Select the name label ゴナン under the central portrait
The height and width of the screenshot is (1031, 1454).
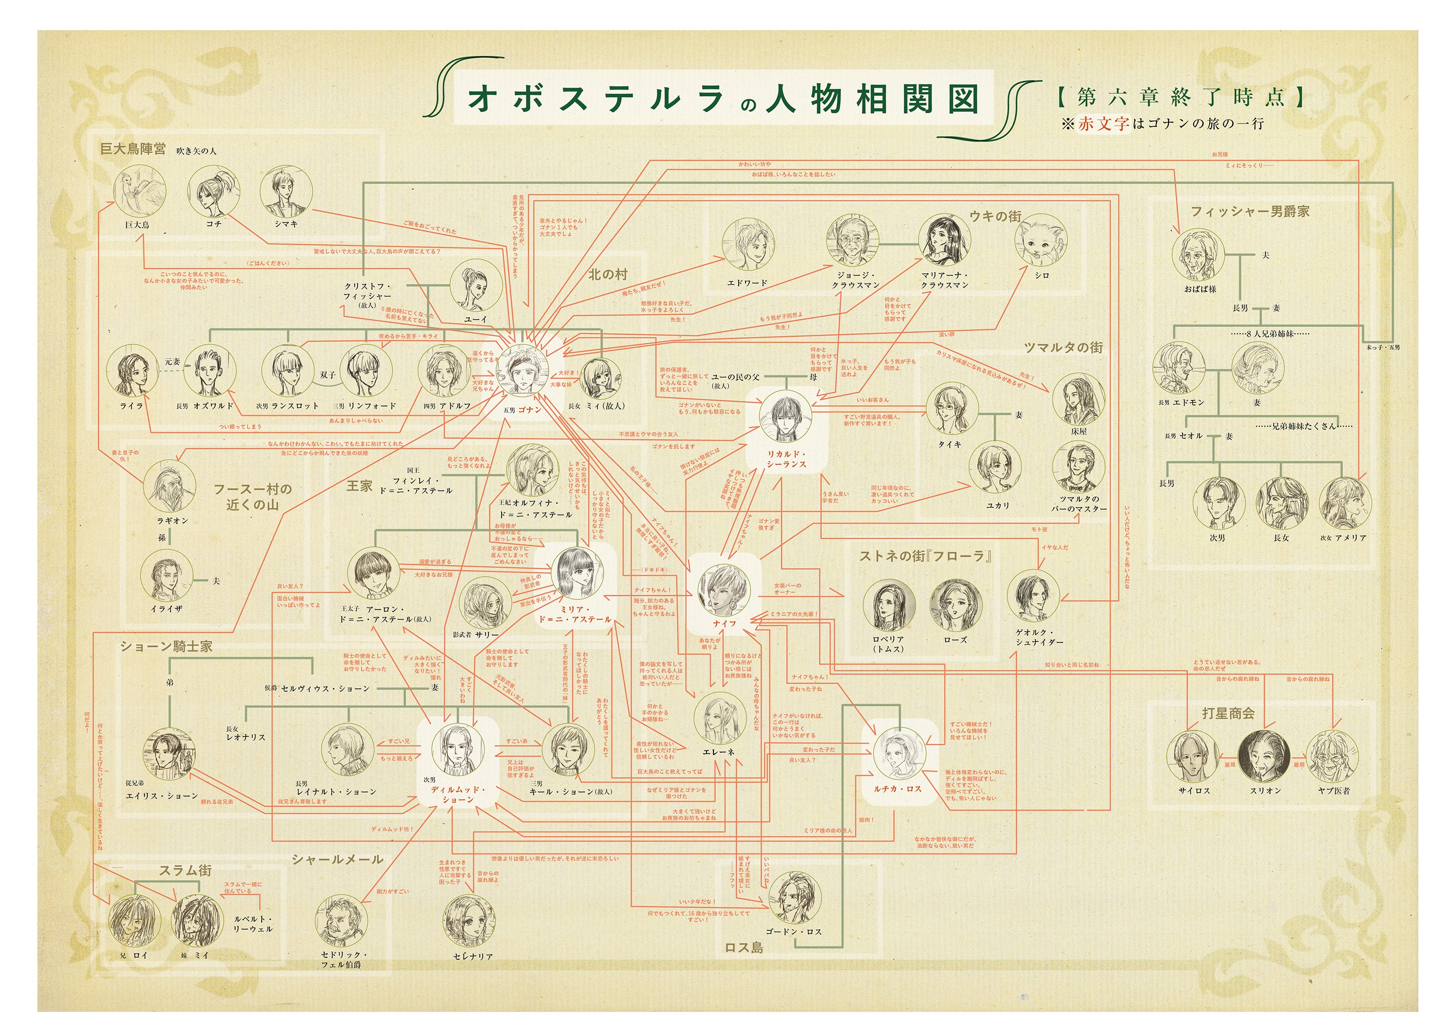(x=529, y=409)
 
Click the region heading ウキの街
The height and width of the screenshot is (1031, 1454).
(x=995, y=216)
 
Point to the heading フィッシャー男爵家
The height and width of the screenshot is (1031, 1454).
(x=1249, y=211)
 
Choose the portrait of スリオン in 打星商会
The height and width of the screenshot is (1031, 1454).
(x=1264, y=756)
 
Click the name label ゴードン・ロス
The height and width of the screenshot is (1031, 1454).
(x=793, y=931)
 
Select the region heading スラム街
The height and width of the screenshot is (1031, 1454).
(x=185, y=870)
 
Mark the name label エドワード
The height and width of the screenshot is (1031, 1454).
(x=747, y=283)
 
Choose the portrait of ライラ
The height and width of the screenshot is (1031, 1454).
(x=132, y=372)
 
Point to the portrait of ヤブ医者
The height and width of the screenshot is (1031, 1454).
(x=1333, y=756)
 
